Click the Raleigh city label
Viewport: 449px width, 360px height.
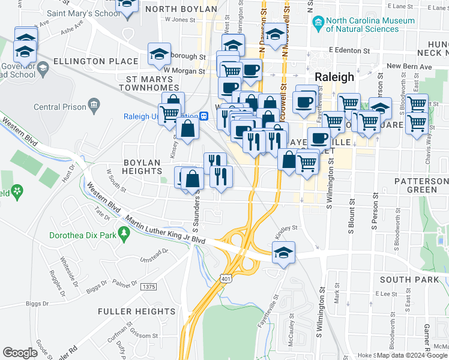click(334, 78)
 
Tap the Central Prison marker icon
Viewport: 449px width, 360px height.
click(94, 107)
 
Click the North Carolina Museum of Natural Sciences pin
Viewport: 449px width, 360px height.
click(318, 25)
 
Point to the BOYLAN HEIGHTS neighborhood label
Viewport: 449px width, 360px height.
click(142, 167)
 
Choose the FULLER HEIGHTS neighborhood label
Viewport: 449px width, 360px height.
click(137, 311)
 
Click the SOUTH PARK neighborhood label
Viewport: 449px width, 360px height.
click(409, 280)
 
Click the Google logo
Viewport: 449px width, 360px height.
click(20, 352)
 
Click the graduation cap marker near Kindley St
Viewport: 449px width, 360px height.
click(283, 253)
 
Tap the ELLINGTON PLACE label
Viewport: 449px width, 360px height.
click(87, 61)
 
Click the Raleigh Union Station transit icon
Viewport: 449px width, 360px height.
click(204, 116)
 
